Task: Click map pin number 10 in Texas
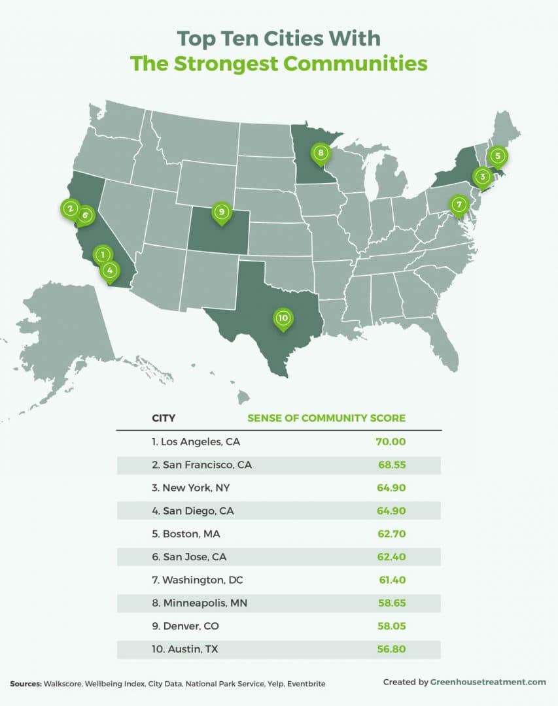[282, 318]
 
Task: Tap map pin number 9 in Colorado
[222, 212]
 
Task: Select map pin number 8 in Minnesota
[320, 154]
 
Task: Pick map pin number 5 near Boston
[498, 156]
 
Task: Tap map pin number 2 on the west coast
[69, 209]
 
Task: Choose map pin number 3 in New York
[482, 176]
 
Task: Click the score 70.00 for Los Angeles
[391, 442]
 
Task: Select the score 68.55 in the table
[391, 465]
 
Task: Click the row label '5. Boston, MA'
[186, 534]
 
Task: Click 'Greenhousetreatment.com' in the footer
[487, 682]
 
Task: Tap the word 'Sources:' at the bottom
[26, 683]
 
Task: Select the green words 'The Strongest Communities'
[279, 63]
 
